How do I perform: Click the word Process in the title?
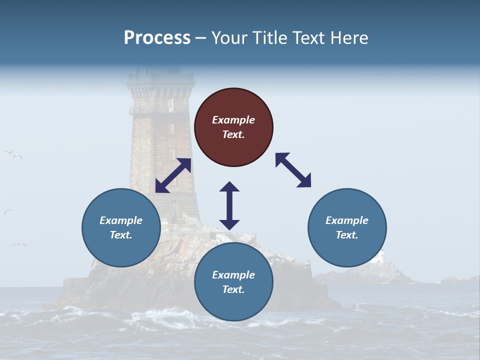coord(157,38)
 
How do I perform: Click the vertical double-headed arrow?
coord(229,206)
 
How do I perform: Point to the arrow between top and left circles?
coord(173,175)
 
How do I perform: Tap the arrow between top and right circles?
coord(293,170)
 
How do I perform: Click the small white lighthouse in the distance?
coord(381,257)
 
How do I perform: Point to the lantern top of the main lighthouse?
coord(160,77)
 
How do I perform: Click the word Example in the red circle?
coord(233,120)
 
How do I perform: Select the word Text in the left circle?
coord(121,235)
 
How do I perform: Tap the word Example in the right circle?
coord(347,220)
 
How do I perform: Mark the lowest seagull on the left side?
coord(18,244)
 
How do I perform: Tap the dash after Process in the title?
coord(201,38)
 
